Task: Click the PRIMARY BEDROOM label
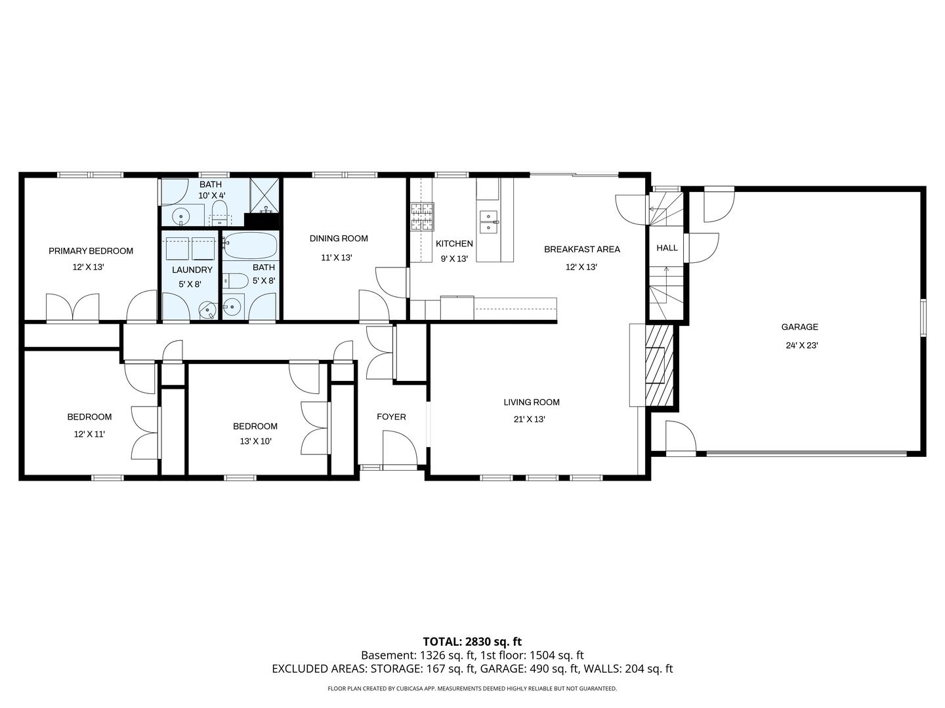pos(91,251)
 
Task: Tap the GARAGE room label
pos(799,327)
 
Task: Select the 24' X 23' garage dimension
pos(801,345)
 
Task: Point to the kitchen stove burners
pos(422,217)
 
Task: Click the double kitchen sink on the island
pos(488,222)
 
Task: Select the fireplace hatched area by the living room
pos(659,364)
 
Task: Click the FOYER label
pos(391,417)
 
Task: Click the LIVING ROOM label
pos(532,403)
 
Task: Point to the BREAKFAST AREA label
pos(581,249)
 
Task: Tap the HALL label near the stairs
pos(667,248)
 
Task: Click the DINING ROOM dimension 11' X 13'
pos(336,258)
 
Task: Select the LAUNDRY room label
pos(192,270)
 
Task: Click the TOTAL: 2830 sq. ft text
pos(472,642)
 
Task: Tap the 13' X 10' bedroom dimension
pos(255,441)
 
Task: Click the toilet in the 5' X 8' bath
pos(234,281)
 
